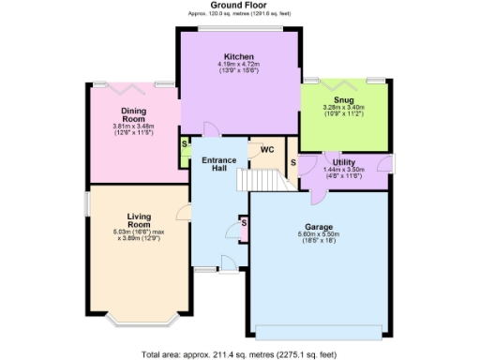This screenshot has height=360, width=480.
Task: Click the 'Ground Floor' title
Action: pos(241,7)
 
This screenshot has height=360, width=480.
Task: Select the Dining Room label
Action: pos(132,115)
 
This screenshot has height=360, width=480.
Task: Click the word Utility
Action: pos(343,161)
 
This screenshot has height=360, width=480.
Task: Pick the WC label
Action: pos(266,149)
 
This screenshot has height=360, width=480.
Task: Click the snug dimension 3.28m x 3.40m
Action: pos(343,108)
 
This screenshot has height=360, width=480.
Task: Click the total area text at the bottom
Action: pos(240,353)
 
